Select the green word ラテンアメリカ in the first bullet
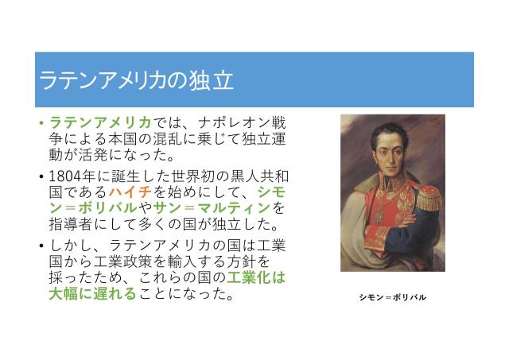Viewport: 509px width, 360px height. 100,123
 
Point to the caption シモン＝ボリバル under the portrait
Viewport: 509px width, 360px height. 392,297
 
